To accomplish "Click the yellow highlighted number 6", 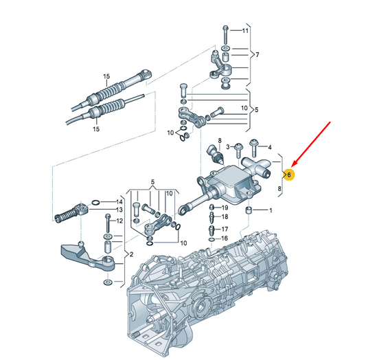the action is (x=289, y=175).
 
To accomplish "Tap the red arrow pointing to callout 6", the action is (x=311, y=144).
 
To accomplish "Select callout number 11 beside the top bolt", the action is (x=245, y=31).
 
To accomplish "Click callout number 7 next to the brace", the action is (x=258, y=55).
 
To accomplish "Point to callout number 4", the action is (x=270, y=147).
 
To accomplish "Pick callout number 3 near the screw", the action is (x=228, y=147).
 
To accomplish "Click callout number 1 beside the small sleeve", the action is (x=271, y=211).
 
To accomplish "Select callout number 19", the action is (x=225, y=207).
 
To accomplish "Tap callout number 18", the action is (x=225, y=217).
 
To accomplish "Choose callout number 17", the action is (x=225, y=229).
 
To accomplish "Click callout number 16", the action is (x=225, y=238).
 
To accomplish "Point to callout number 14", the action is (x=119, y=202).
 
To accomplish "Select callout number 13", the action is (x=119, y=210).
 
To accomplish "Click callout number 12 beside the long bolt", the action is (x=119, y=221).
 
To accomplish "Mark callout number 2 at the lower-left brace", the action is (x=131, y=254).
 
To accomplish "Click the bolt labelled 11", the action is (x=225, y=35).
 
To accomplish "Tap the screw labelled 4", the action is (x=253, y=148).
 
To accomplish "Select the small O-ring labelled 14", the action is (x=96, y=202).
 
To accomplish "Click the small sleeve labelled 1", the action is (x=249, y=210).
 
